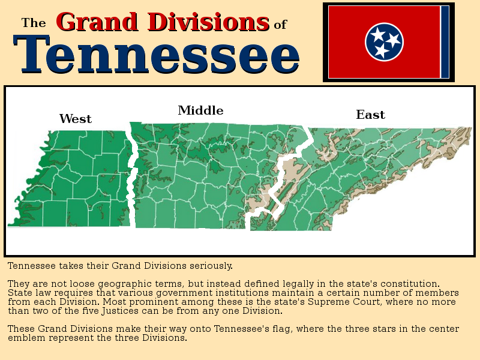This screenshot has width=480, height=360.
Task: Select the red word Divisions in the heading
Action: (208, 22)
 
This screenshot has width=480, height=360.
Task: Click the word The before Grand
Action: (34, 23)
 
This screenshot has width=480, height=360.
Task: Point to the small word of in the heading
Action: (280, 25)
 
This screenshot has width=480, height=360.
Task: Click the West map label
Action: (76, 119)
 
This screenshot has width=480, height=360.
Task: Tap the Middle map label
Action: (200, 110)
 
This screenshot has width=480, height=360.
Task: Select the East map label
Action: (370, 115)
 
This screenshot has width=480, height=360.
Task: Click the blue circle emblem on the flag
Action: (384, 42)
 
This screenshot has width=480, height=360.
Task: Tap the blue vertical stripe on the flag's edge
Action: (445, 42)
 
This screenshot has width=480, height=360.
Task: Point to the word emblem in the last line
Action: (26, 338)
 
